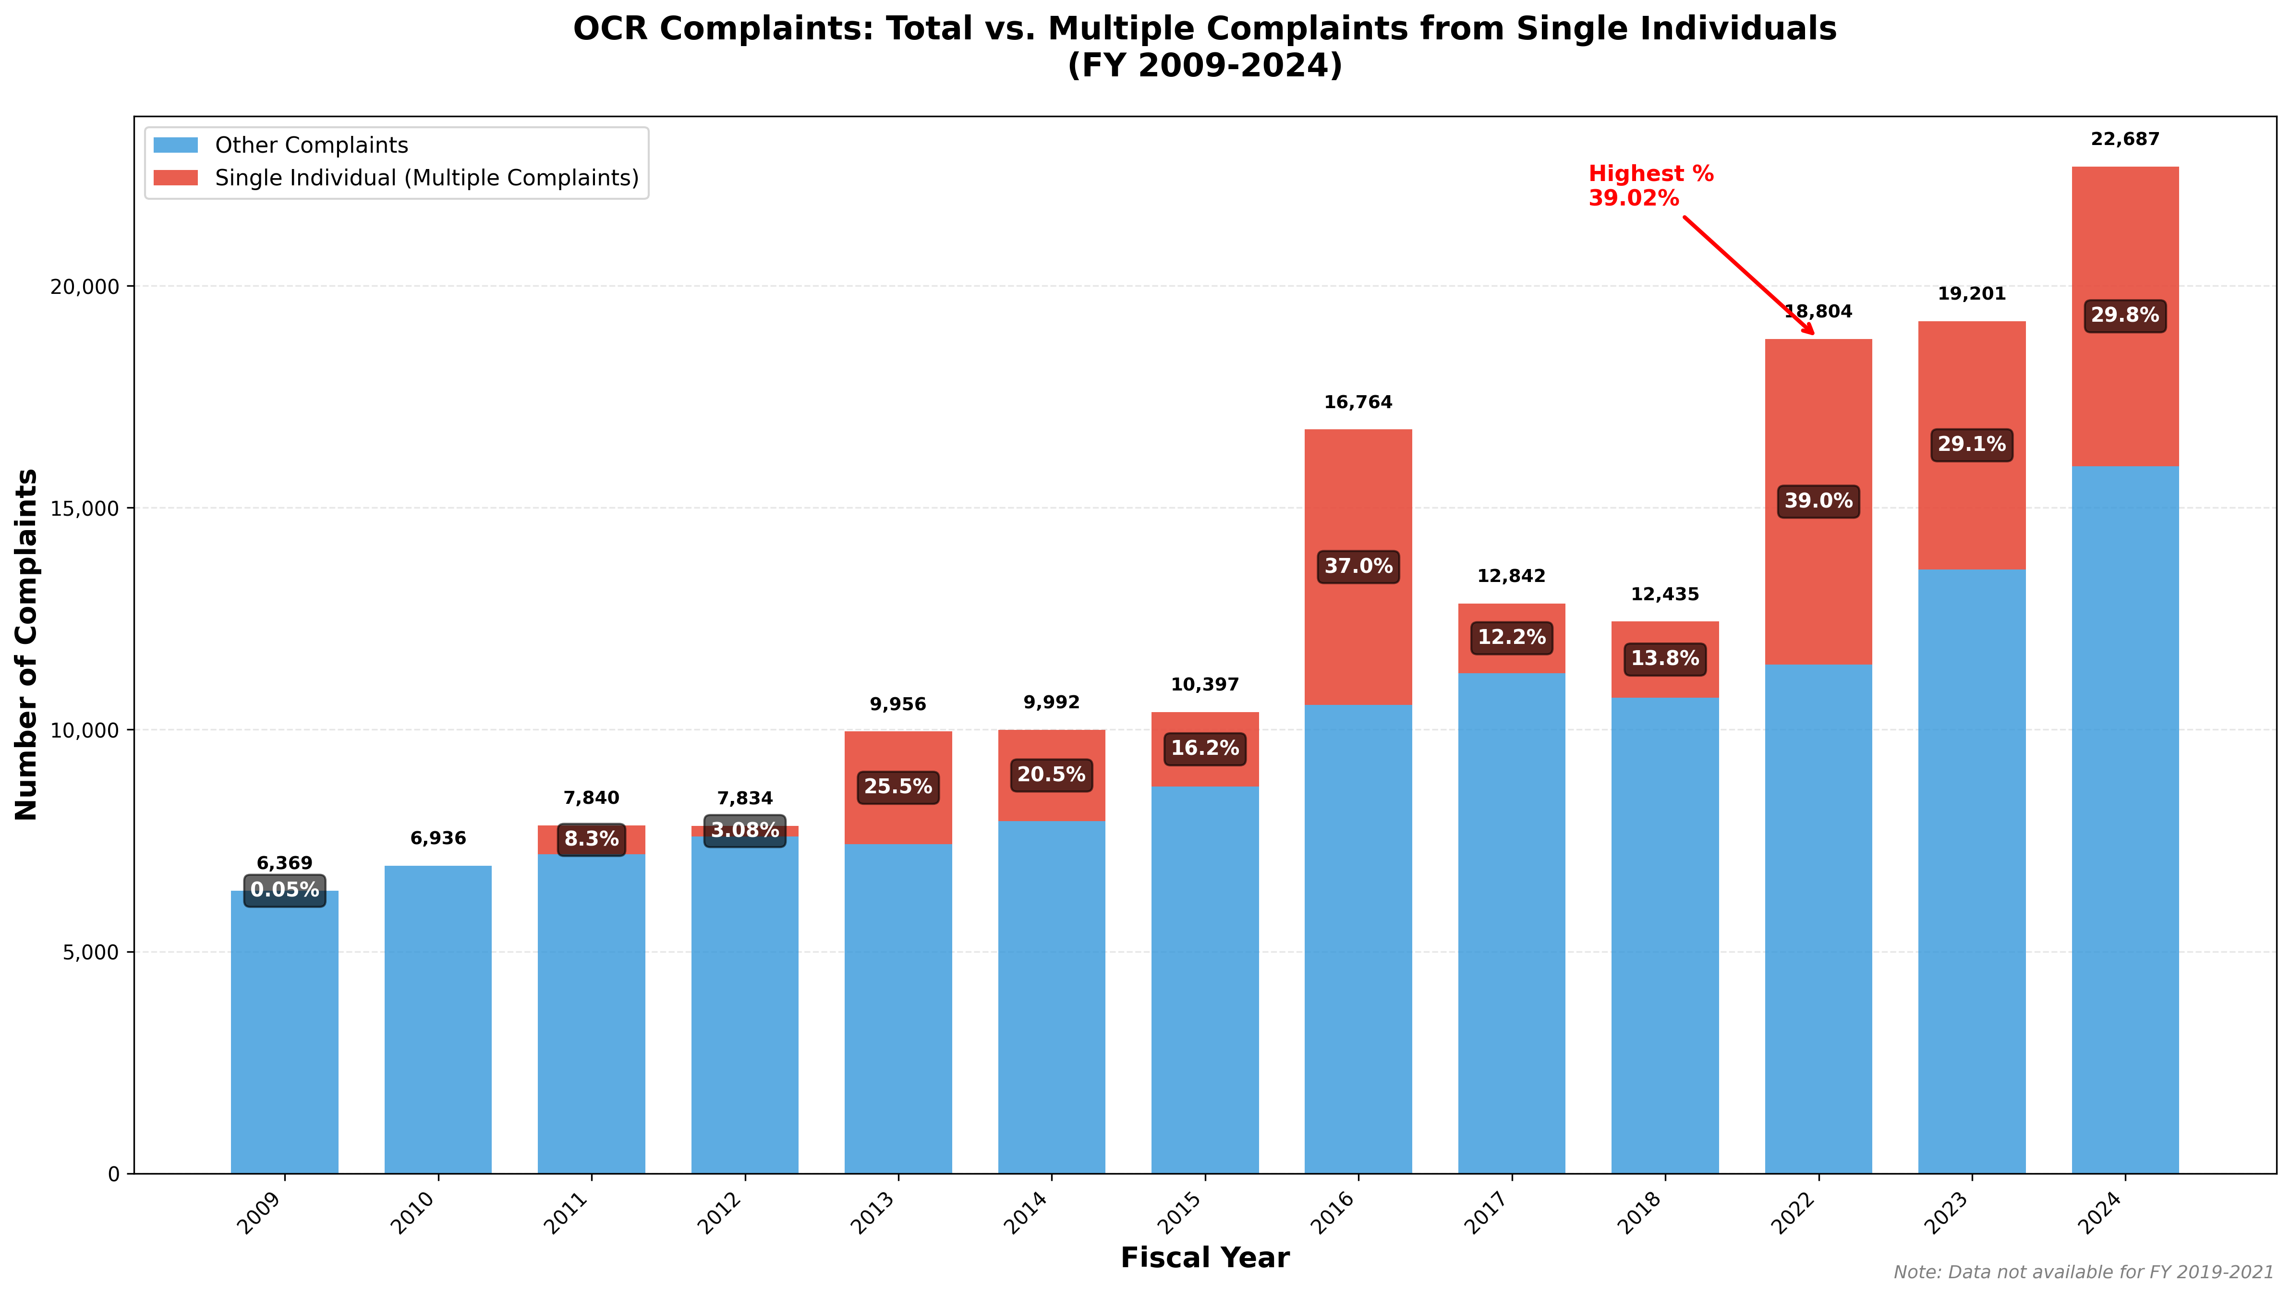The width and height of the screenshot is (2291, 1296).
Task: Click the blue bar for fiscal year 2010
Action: coord(438,1019)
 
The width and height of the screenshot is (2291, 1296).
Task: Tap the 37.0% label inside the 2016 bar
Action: coord(1358,566)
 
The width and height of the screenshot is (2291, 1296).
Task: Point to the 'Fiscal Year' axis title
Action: coord(1204,1258)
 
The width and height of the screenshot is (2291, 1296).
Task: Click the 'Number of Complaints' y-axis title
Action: coord(27,644)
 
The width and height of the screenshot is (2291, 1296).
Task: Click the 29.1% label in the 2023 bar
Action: coord(1972,444)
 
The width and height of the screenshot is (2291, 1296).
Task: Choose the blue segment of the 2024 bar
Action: coord(2124,819)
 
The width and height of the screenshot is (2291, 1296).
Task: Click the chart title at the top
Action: coord(1204,46)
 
